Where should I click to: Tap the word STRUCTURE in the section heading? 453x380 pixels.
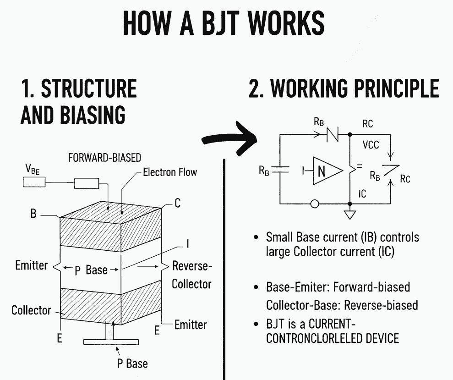point(89,88)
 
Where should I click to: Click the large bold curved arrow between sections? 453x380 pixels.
point(229,139)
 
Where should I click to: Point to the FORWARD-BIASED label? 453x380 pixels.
point(104,158)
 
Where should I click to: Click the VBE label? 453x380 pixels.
point(33,169)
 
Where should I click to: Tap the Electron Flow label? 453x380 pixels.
point(170,172)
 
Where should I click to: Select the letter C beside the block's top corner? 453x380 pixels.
point(177,203)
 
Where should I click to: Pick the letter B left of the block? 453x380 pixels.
point(33,214)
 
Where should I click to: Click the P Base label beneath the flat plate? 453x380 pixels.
point(132,363)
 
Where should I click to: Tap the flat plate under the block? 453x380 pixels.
point(111,342)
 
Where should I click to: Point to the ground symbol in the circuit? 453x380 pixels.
point(349,215)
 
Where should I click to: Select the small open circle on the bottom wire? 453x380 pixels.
point(315,204)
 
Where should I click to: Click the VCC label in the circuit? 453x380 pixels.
point(371,144)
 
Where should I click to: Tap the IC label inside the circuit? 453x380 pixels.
point(362,194)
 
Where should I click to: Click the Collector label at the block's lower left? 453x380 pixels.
point(31,310)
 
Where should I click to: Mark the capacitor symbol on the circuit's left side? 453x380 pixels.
point(280,170)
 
